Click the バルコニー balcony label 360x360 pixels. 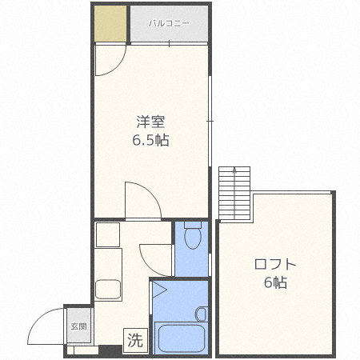pyautogui.click(x=169, y=23)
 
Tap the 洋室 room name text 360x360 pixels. pyautogui.click(x=150, y=122)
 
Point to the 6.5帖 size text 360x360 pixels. pyautogui.click(x=150, y=140)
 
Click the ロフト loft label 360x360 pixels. pyautogui.click(x=275, y=264)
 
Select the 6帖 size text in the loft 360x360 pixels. pyautogui.click(x=275, y=282)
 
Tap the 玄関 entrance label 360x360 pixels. pyautogui.click(x=78, y=326)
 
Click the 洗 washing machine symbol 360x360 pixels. pyautogui.click(x=135, y=340)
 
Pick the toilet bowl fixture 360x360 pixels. pyautogui.click(x=193, y=235)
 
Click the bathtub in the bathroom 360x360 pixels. pyautogui.click(x=182, y=338)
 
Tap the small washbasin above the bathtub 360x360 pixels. pyautogui.click(x=202, y=314)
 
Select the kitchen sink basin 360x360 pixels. pyautogui.click(x=108, y=290)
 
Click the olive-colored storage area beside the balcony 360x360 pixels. pyautogui.click(x=110, y=23)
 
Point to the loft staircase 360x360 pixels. pyautogui.click(x=234, y=194)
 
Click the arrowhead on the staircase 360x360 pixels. pyautogui.click(x=234, y=170)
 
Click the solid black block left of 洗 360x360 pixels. pyautogui.click(x=110, y=350)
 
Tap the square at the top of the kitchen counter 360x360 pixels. pyautogui.click(x=108, y=234)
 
